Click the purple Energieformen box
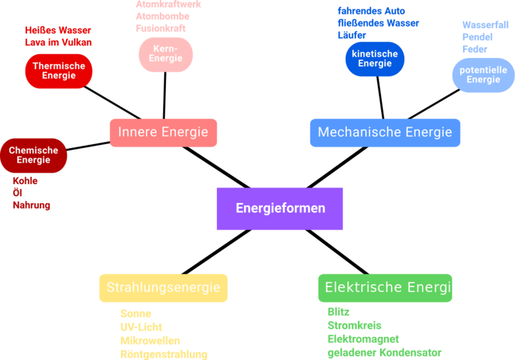(279, 209)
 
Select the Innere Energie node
(163, 132)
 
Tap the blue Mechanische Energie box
(385, 132)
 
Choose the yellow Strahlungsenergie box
(164, 287)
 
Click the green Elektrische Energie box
(389, 287)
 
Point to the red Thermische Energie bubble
(59, 71)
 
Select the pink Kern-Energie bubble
(165, 53)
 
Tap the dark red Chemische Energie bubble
(33, 155)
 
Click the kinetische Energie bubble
(375, 59)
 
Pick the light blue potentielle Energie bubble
(483, 75)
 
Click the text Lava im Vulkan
(59, 43)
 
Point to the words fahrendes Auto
(371, 11)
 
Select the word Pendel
(477, 37)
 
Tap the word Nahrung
(31, 205)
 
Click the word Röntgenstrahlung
(164, 354)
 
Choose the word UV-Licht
(141, 327)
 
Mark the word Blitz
(339, 312)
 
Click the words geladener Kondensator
(384, 352)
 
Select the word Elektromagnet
(363, 339)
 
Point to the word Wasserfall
(485, 24)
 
